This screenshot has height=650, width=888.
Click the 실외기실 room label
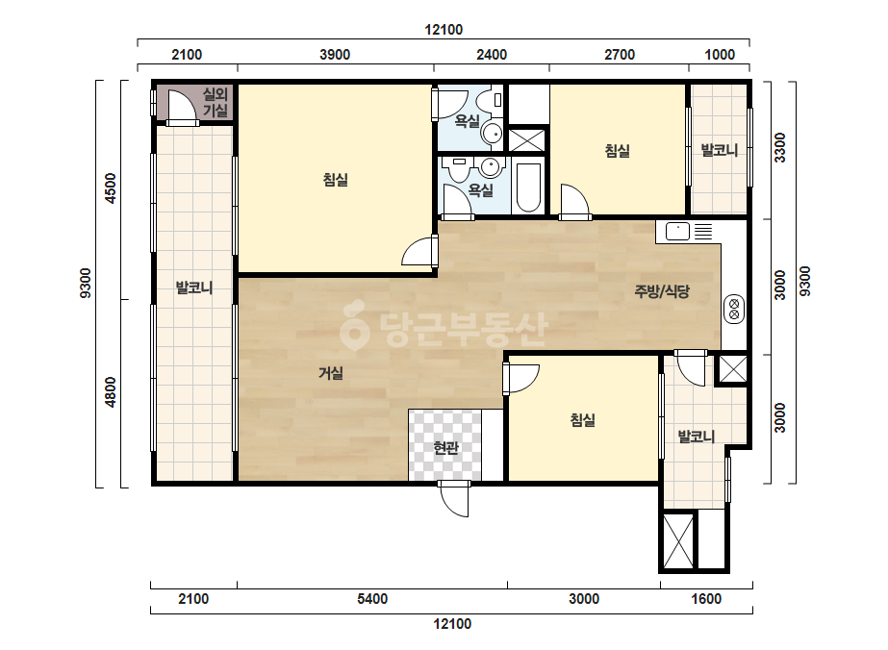pos(216,103)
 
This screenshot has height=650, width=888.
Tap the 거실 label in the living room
pos(331,373)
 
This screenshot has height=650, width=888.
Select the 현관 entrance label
pos(445,448)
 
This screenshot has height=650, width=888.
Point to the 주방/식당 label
pos(662,291)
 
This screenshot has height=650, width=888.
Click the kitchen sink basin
pos(677,232)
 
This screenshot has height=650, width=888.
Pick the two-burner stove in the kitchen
pos(734,309)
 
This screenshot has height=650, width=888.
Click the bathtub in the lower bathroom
pos(528,187)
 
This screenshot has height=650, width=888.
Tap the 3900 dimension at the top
pos(335,55)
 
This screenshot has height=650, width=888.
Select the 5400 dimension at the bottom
pos(372,598)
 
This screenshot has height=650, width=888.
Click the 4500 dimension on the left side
pos(111,188)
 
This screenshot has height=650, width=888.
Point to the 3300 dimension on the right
pos(780,147)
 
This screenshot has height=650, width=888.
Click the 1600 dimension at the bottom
pos(706,598)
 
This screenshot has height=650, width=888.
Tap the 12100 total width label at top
pos(444,30)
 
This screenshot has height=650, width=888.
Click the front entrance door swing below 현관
pos(455,499)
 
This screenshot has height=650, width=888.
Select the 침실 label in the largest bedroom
pos(335,180)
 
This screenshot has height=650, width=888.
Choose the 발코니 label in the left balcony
pos(194,287)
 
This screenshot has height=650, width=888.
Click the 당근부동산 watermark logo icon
pos(354,325)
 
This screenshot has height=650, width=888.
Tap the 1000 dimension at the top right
pos(720,55)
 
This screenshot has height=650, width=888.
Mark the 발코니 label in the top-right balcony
pos(720,150)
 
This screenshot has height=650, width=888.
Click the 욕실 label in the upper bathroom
pos(468,120)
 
